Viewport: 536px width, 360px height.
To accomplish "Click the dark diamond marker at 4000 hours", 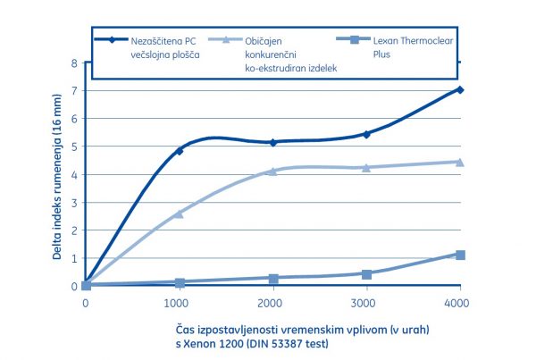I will point(460,90).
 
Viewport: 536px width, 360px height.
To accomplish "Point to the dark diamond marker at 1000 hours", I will point(180,151).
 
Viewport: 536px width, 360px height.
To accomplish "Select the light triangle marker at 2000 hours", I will point(273,171).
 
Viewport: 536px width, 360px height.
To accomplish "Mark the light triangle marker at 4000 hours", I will point(460,162).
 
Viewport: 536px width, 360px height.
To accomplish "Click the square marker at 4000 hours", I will point(460,255).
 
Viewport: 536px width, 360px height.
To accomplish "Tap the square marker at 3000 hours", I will point(366,273).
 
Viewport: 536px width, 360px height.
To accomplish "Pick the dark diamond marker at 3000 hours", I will point(366,134).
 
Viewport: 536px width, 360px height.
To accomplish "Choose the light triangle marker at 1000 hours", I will point(180,213).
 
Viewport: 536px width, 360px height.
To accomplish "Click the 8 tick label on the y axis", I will point(75,63).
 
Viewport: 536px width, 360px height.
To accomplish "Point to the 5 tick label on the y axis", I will point(75,147).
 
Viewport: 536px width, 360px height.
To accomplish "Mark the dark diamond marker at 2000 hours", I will point(273,142).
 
